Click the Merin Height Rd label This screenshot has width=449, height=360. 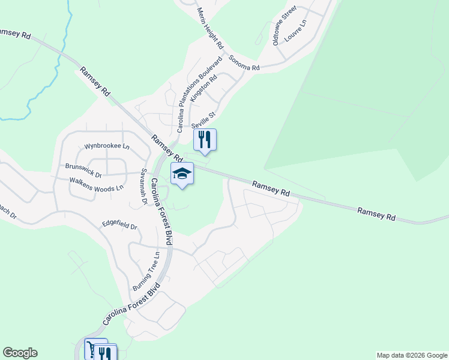click(x=209, y=28)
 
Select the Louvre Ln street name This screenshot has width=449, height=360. click(x=295, y=31)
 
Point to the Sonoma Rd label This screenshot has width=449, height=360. click(x=244, y=64)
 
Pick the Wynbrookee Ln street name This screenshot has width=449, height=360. click(x=107, y=146)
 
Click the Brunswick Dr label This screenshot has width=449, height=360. click(x=83, y=167)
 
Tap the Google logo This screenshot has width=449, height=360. click(x=20, y=353)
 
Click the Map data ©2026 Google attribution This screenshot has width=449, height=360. click(x=412, y=355)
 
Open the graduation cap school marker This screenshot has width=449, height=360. click(x=182, y=174)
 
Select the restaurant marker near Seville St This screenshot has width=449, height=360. click(x=205, y=139)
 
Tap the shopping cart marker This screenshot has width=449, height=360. click(x=95, y=348)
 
